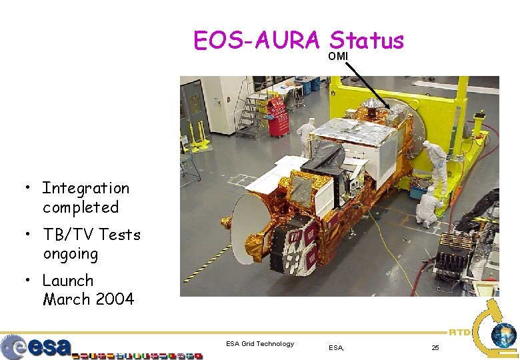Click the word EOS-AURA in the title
click(x=257, y=41)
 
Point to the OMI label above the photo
click(x=337, y=57)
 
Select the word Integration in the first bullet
click(x=85, y=189)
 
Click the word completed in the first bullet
click(x=81, y=207)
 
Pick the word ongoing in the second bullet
click(x=70, y=254)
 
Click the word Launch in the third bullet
click(x=68, y=281)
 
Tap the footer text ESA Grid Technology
click(x=260, y=344)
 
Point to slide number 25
click(x=435, y=347)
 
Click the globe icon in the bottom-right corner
click(x=503, y=335)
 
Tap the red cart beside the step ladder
click(x=277, y=116)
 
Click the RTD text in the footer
click(x=459, y=331)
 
